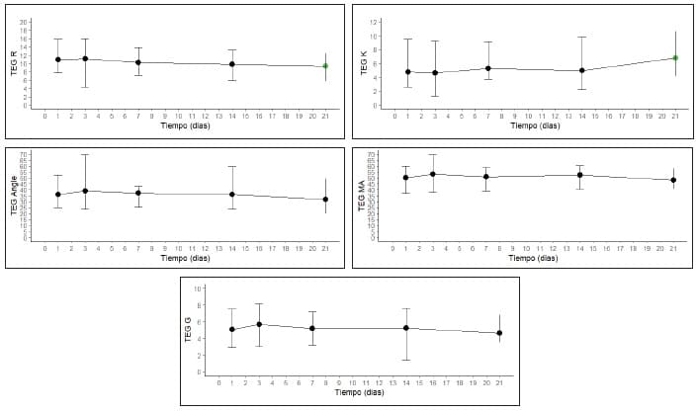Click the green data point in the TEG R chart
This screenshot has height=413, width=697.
[x=325, y=66]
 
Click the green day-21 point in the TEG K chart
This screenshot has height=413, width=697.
[x=675, y=58]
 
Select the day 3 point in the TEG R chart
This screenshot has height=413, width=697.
[x=85, y=58]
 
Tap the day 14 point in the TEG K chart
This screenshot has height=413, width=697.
[x=582, y=70]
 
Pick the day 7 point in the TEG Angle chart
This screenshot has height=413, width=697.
[x=138, y=193]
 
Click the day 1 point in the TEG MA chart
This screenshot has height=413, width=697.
[x=405, y=178]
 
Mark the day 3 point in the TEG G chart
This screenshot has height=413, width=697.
[x=259, y=324]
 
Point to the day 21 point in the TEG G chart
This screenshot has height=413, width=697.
[x=499, y=333]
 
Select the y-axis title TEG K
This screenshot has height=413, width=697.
[x=364, y=64]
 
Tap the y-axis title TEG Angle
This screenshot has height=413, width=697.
[x=14, y=195]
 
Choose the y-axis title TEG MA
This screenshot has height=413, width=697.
[x=362, y=196]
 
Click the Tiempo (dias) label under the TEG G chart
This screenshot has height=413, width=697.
[x=359, y=392]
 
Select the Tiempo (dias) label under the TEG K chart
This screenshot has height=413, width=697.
[x=535, y=125]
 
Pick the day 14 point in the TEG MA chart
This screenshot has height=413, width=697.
[x=580, y=175]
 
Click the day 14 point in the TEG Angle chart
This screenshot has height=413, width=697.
[x=232, y=195]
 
